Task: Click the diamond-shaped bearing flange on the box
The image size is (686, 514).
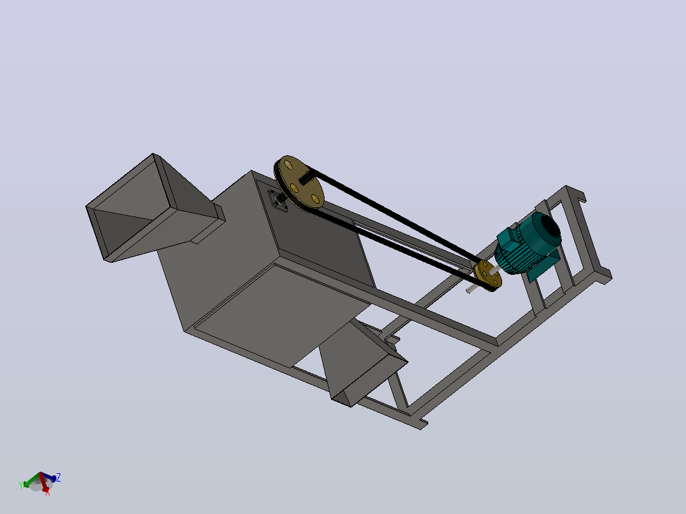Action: pyautogui.click(x=278, y=202)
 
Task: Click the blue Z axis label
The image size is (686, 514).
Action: pyautogui.click(x=58, y=477)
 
